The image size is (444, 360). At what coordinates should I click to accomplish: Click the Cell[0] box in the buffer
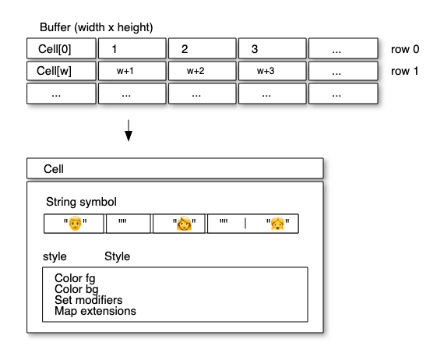[x=62, y=48]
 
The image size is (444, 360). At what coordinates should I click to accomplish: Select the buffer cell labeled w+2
[x=203, y=71]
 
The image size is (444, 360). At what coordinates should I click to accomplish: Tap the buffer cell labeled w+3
[x=273, y=71]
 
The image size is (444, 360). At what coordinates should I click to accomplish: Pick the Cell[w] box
[x=62, y=71]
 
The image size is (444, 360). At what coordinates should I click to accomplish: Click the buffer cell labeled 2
[x=203, y=48]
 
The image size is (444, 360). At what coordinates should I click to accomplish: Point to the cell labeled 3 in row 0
[x=273, y=48]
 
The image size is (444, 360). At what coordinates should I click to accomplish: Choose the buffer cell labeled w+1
[x=132, y=71]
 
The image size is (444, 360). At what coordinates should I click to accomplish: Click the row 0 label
[x=405, y=49]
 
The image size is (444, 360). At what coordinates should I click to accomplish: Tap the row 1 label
[x=404, y=71]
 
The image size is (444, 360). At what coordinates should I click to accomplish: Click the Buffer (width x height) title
[x=97, y=27]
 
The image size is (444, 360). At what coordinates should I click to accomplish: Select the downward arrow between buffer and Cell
[x=129, y=130]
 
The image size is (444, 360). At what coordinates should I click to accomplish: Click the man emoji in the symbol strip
[x=75, y=224]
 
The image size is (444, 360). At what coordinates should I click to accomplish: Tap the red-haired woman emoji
[x=184, y=224]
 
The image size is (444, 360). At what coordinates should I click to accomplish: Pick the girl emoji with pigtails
[x=277, y=224]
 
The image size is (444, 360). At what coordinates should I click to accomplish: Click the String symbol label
[x=81, y=202]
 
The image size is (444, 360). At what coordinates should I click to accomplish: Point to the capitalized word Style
[x=117, y=256]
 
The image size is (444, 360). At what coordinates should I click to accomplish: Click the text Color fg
[x=75, y=278]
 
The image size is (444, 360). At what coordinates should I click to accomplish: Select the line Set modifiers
[x=89, y=300]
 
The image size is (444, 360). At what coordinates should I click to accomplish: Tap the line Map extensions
[x=96, y=311]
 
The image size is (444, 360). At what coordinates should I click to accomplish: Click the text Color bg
[x=76, y=289]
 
